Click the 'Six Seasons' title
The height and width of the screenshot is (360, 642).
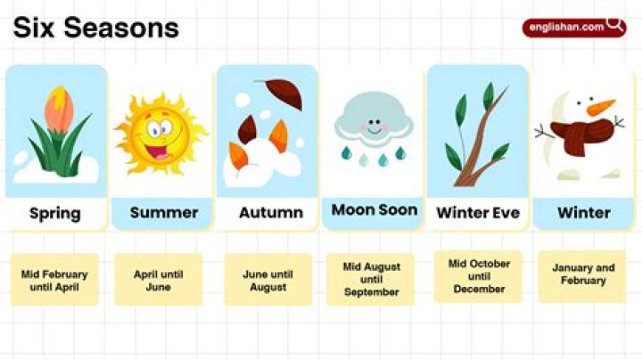pos(95,28)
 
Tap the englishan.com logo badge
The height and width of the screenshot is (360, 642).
pos(574,28)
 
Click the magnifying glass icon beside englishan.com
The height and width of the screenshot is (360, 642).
pos(615,25)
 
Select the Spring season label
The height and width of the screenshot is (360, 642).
pos(55,213)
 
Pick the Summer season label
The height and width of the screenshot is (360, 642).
pos(164,212)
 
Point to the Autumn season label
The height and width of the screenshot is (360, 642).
pos(271,212)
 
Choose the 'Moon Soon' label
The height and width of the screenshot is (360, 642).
pos(374,209)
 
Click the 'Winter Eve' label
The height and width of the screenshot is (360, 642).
pos(478,212)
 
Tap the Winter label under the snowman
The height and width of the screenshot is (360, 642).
pos(584,212)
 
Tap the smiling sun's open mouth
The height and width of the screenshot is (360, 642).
pos(159,151)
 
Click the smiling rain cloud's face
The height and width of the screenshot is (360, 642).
pos(374,126)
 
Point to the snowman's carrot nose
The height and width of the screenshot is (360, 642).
pos(600,107)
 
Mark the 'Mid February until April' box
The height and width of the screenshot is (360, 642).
pos(54,280)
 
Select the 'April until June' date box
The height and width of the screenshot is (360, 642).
pos(159,280)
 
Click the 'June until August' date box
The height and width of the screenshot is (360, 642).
pos(267,280)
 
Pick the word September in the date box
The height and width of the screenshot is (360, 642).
pos(371,292)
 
